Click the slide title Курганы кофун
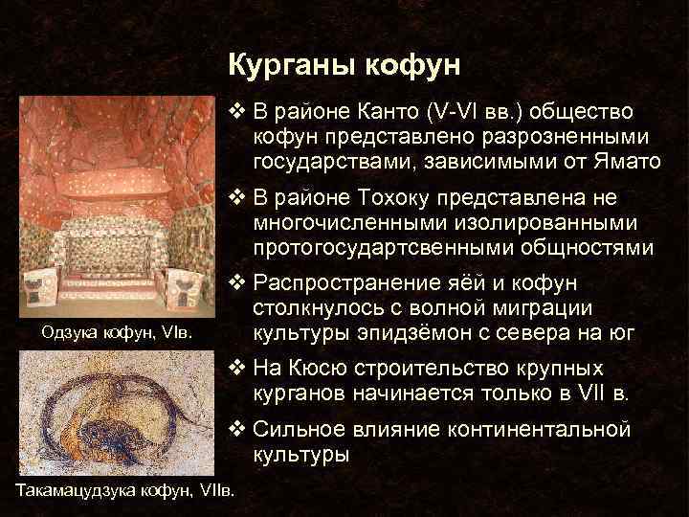(x=344, y=65)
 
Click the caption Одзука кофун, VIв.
(x=116, y=333)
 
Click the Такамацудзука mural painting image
(x=118, y=413)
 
